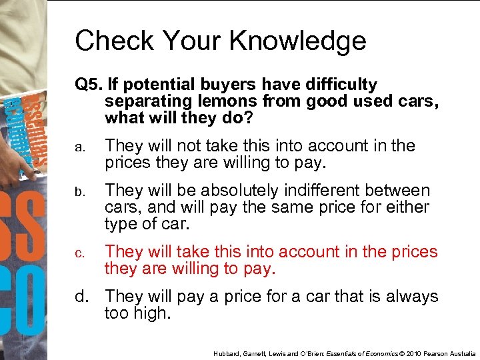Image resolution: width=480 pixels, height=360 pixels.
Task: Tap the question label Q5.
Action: point(88,85)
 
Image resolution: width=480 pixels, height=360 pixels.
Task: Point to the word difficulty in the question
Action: point(339,85)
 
